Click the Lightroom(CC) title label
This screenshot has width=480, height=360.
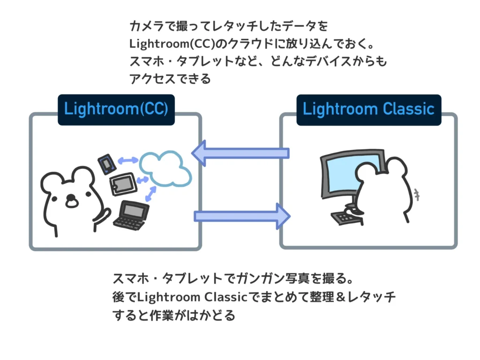point(116,109)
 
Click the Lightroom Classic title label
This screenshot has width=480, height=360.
point(368,109)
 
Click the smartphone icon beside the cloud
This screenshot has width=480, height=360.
point(106,163)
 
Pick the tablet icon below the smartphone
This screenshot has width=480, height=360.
point(122,184)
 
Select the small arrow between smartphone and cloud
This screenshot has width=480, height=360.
point(127,160)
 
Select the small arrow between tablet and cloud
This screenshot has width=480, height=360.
point(142,180)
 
